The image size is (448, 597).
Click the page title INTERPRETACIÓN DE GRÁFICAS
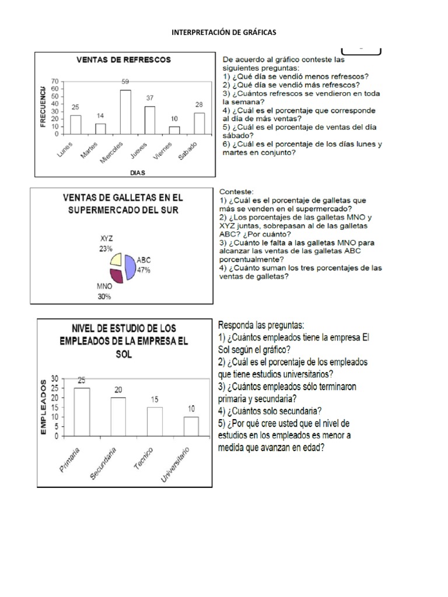[x=223, y=33]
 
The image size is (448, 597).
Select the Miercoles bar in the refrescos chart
[x=125, y=112]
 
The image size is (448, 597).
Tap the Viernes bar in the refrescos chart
[x=174, y=130]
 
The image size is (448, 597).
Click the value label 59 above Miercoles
[x=125, y=82]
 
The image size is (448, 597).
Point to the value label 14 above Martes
[x=100, y=116]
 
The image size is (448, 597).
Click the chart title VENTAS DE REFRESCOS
[x=124, y=59]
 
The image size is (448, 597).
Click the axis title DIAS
[x=138, y=173]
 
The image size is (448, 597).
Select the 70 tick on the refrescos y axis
[x=55, y=81]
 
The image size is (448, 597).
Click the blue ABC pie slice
[x=129, y=267]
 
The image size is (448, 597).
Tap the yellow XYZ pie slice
[x=116, y=259]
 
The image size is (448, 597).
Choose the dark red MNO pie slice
[x=116, y=275]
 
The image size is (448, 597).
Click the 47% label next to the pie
[x=144, y=271]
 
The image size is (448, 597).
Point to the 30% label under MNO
[x=104, y=296]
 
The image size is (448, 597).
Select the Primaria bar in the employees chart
[x=82, y=412]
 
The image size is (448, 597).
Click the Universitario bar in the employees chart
[x=191, y=426]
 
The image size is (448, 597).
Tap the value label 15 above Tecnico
[x=154, y=399]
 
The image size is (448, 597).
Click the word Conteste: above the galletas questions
[x=236, y=191]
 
